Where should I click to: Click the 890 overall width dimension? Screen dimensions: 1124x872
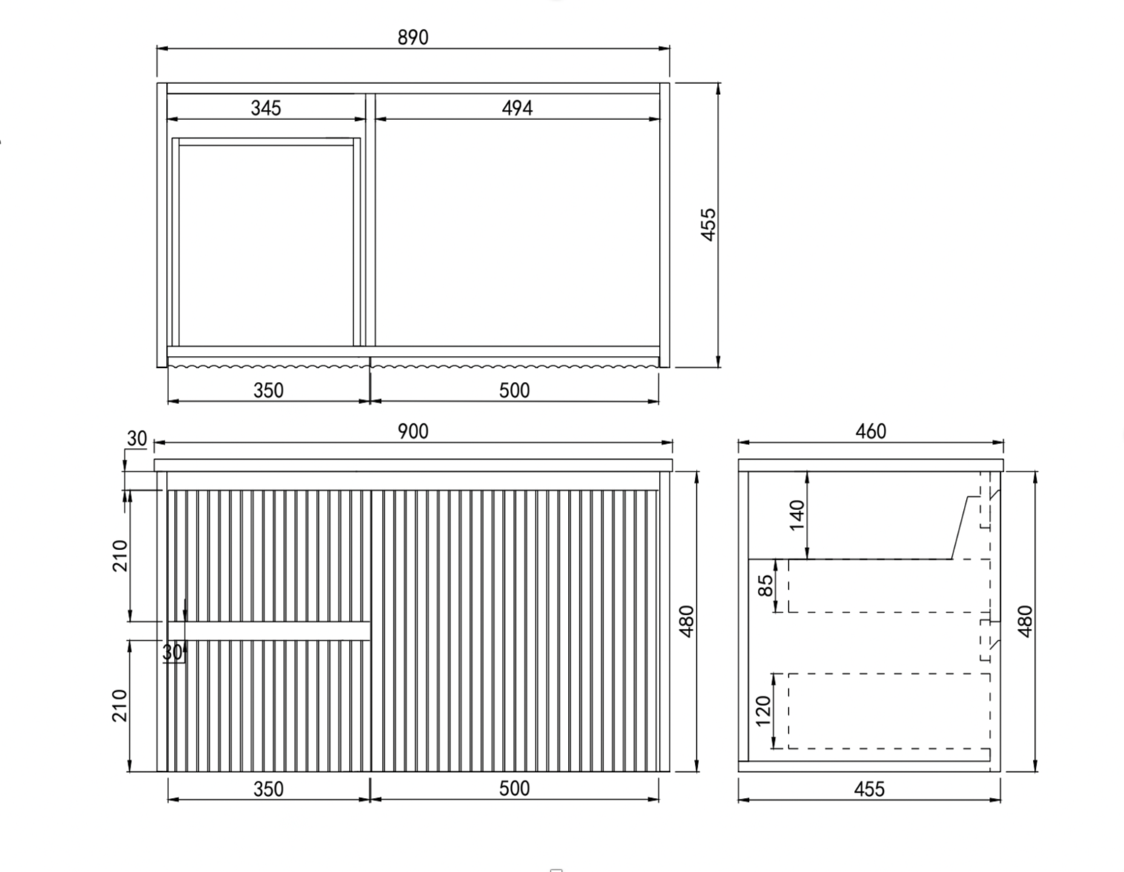coord(413,37)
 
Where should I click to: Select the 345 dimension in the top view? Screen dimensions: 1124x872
coord(266,108)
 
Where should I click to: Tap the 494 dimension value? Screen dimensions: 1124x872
coord(518,108)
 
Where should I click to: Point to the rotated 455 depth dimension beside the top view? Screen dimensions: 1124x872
coord(708,225)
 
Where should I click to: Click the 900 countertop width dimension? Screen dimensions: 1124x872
coord(413,432)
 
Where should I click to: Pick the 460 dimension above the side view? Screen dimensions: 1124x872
coord(870,432)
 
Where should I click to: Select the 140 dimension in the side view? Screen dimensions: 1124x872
coord(797,515)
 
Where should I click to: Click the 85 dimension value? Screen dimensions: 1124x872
coord(766,586)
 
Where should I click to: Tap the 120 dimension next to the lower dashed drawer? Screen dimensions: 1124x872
coord(764,711)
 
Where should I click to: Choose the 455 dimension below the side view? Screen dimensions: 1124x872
coord(870,789)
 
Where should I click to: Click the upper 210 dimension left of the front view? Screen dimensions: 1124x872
coord(120,555)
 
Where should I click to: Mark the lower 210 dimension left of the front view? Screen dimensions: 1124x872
coord(119,705)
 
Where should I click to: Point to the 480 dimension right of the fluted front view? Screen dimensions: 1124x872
coord(687,621)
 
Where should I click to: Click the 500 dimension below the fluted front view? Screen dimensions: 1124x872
coord(514,789)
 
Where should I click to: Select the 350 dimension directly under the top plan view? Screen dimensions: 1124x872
coord(268,391)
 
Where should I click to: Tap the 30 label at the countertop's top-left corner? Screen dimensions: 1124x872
coord(137,438)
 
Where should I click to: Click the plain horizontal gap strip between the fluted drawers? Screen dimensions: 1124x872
coord(269,631)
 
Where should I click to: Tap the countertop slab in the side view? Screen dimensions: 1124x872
coord(870,465)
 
